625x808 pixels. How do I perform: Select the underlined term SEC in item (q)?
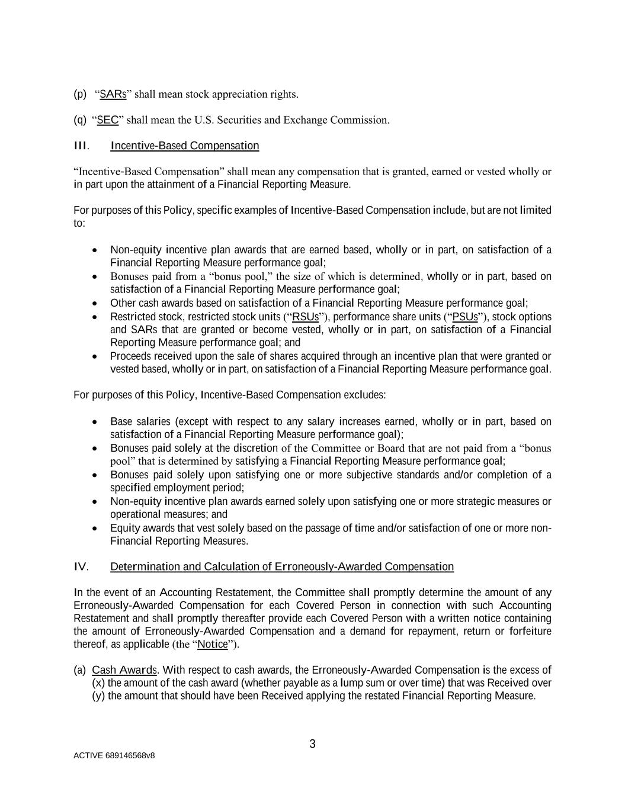pos(108,120)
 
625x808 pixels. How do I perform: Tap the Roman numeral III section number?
pos(81,146)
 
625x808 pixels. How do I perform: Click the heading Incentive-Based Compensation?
pos(185,146)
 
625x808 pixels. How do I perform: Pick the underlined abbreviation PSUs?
pos(465,317)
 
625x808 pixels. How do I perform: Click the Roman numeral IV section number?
pos(81,567)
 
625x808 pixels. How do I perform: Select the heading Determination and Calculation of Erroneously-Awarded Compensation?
pos(282,567)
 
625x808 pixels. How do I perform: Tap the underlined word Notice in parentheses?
pos(213,644)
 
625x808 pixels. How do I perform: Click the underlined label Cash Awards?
pos(124,670)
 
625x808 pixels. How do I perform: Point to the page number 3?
pos(313,745)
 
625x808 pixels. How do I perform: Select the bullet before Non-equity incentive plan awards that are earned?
pos(95,250)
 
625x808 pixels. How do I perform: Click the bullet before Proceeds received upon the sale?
pos(95,357)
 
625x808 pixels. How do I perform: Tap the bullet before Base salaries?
pos(95,422)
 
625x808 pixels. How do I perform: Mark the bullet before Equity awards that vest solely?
pos(95,529)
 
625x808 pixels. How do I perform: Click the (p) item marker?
pos(80,94)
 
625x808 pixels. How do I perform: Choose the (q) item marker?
pos(80,120)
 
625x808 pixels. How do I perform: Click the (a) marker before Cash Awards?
pos(80,670)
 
